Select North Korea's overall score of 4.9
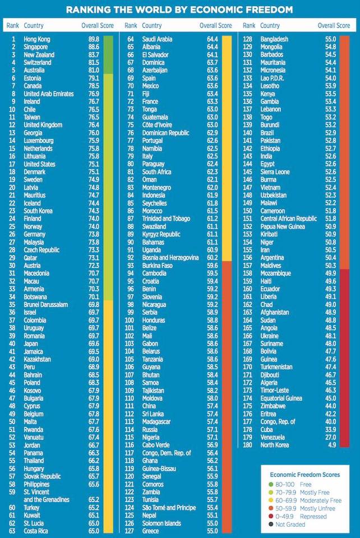point(330,445)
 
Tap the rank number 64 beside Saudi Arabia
point(130,39)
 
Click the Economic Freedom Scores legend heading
point(304,474)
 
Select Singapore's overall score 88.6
point(93,47)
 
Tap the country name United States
point(39,164)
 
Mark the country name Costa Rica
point(36,530)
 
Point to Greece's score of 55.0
point(211,530)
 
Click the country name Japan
point(31,343)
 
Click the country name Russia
point(150,429)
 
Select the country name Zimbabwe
point(274,406)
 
